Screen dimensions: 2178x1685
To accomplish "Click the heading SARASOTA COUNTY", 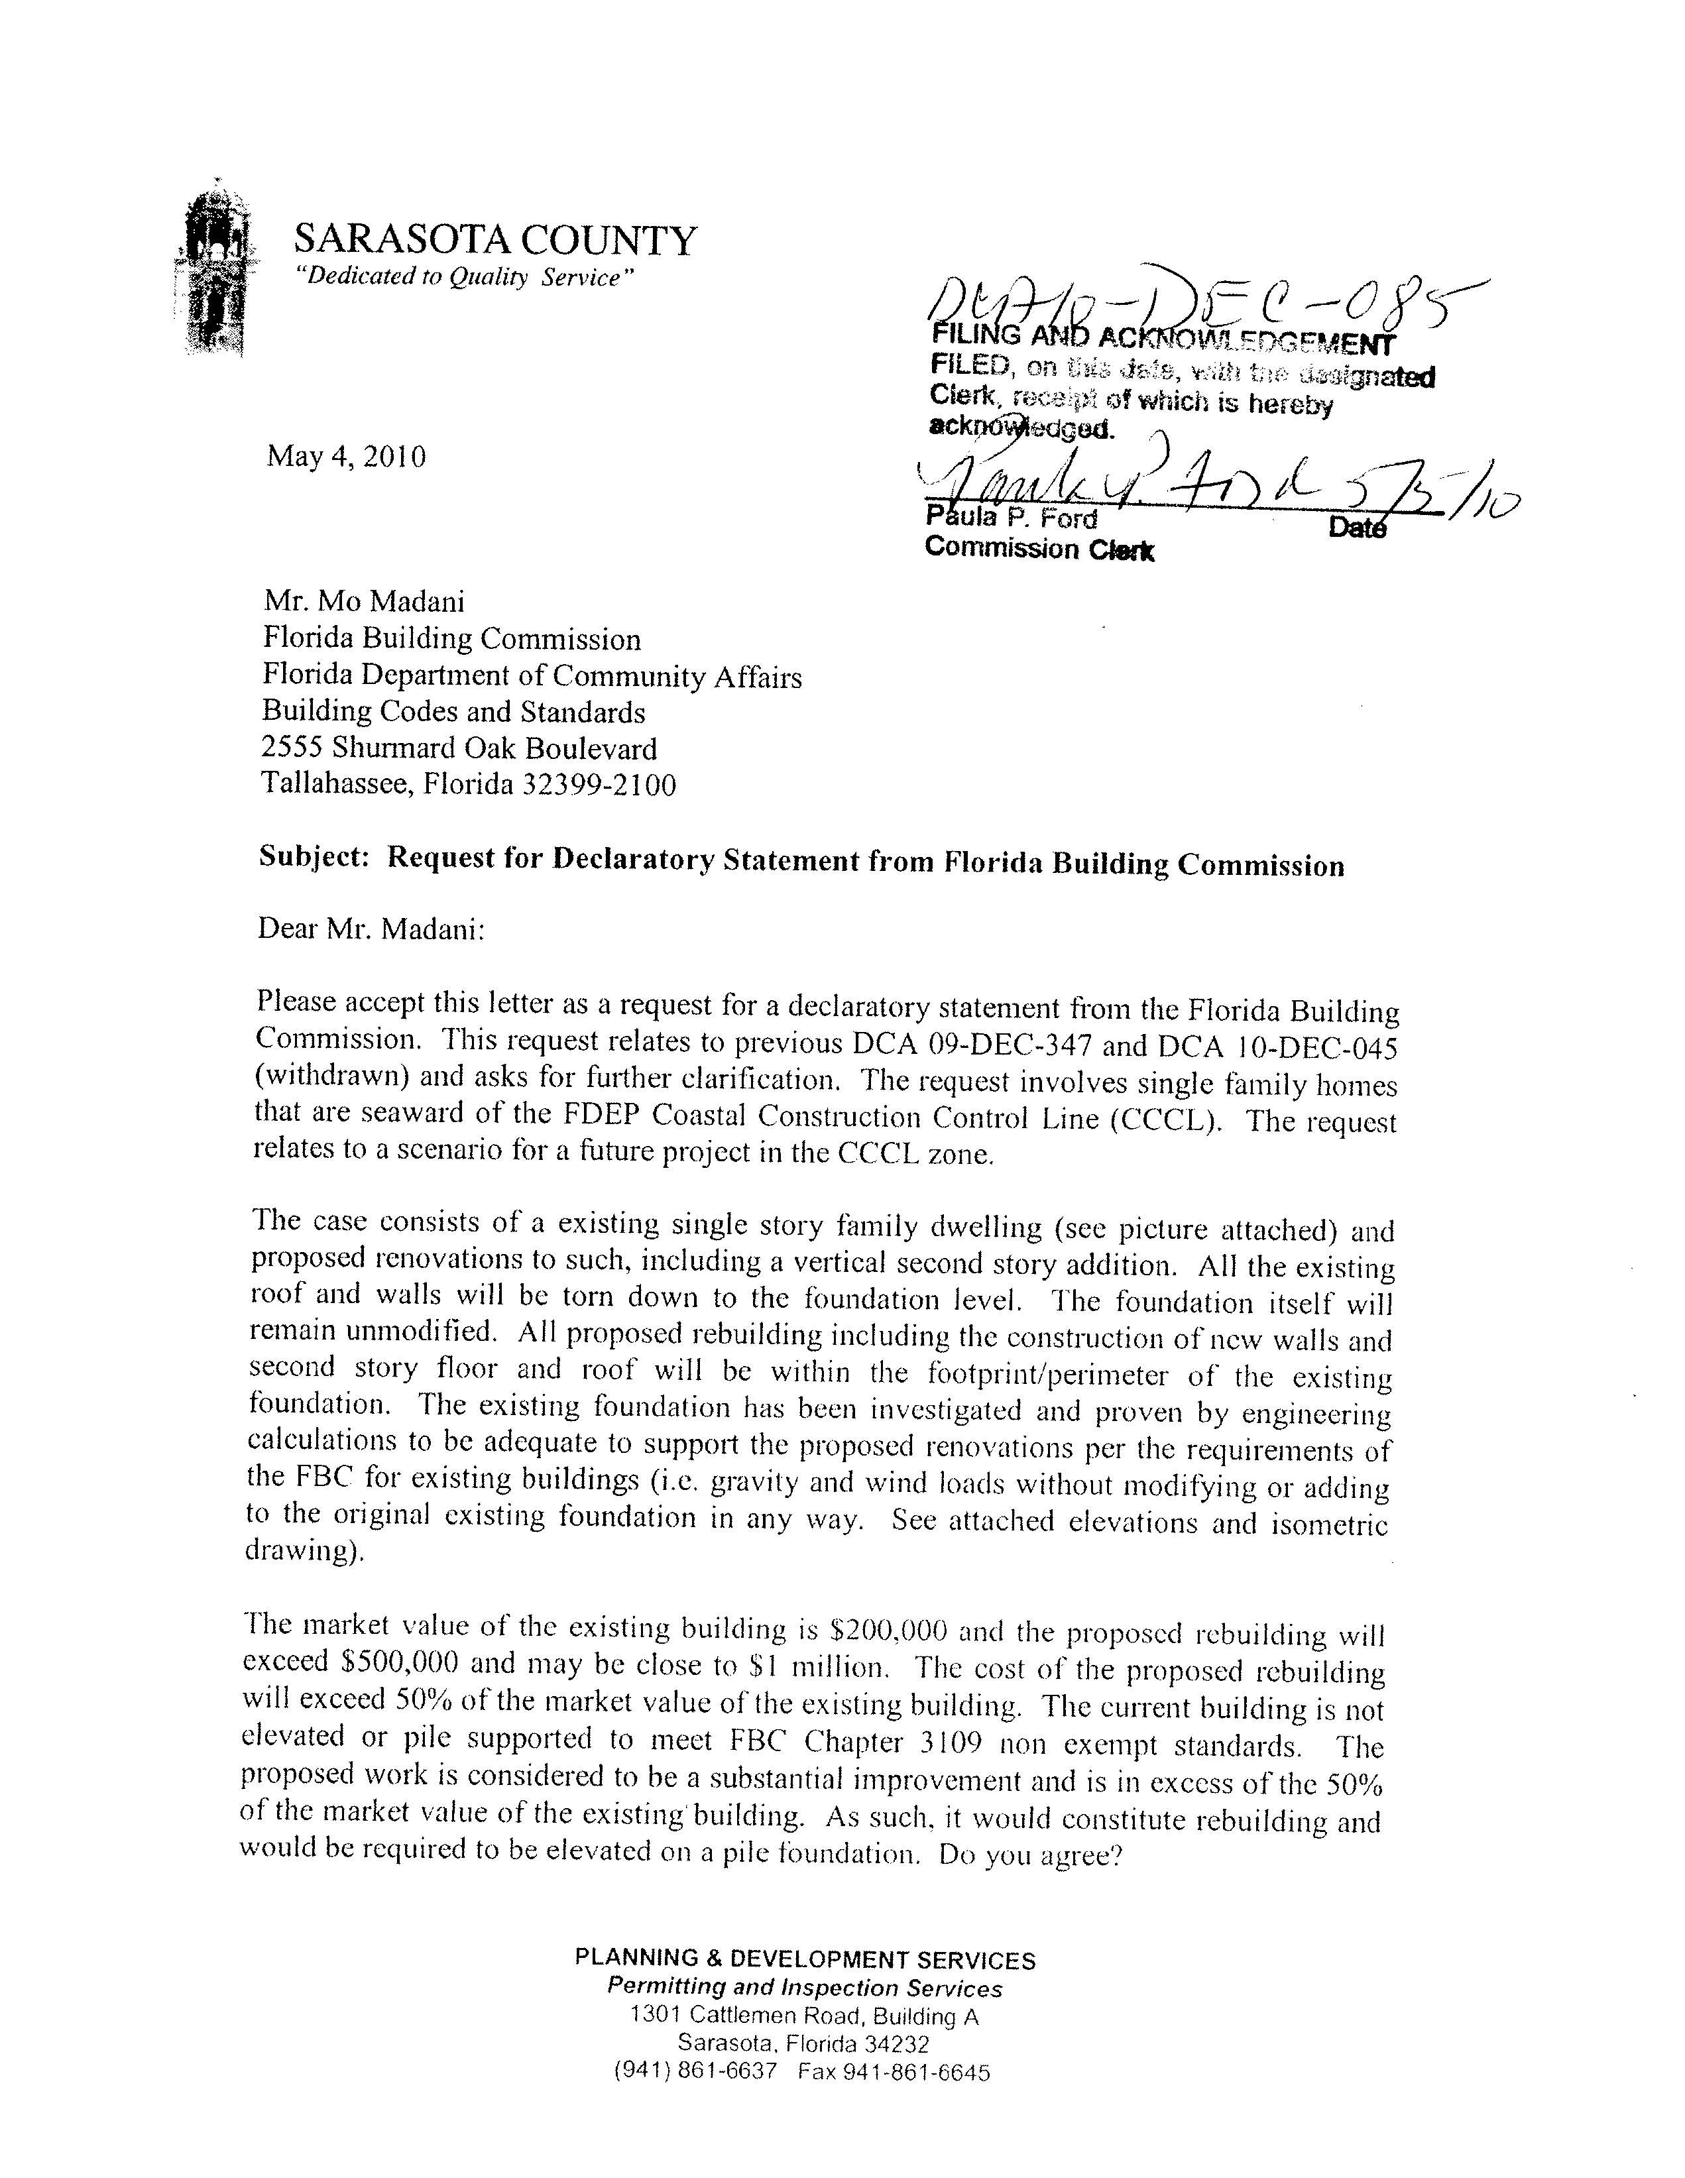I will tap(494, 241).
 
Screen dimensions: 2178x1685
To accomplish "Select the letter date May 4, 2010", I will tap(346, 457).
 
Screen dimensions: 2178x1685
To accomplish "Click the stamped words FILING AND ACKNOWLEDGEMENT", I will tap(1161, 342).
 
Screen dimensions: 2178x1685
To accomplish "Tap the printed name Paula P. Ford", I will tap(1011, 518).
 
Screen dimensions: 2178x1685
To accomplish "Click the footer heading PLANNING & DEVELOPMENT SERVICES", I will tap(805, 1959).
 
